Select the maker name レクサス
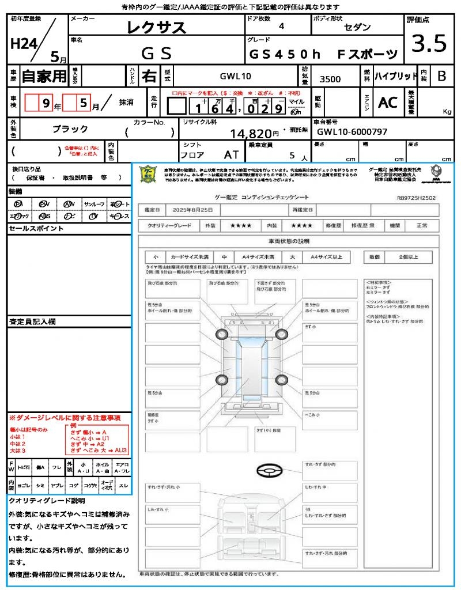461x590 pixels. (156, 27)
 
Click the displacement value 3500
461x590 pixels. (330, 80)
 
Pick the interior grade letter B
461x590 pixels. (441, 76)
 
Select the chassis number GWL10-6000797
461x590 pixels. (352, 132)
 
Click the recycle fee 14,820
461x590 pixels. (251, 134)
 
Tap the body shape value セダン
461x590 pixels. (357, 27)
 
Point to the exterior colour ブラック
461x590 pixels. (70, 129)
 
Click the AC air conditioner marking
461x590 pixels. (388, 103)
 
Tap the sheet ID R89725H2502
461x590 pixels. (416, 198)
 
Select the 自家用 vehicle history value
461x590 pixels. (44, 76)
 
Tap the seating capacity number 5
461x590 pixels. (292, 156)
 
